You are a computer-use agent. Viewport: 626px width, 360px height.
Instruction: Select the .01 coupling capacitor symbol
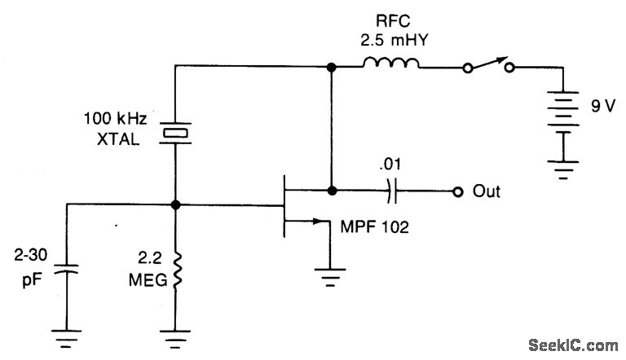(392, 192)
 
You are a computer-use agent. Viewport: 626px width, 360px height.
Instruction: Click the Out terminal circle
(458, 192)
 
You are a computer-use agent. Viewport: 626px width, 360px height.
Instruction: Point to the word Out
(487, 192)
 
